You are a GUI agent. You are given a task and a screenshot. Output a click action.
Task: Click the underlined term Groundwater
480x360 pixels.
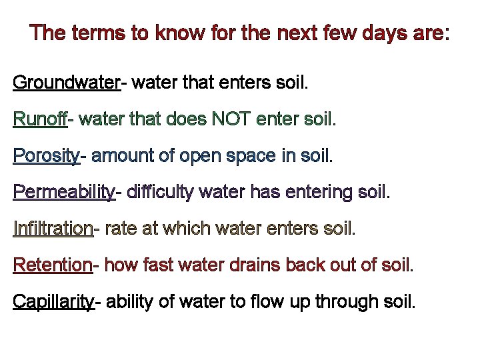[65, 83]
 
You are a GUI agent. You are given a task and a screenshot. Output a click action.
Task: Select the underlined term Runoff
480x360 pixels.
[39, 120]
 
